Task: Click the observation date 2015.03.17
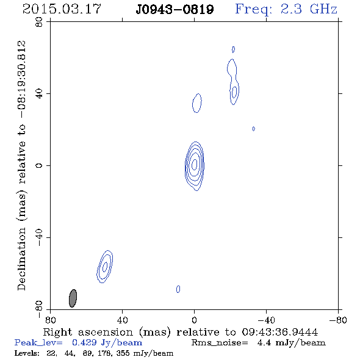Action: click(62, 9)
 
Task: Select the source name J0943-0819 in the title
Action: click(175, 10)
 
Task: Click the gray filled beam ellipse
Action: click(73, 298)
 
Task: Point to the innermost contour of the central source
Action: click(195, 164)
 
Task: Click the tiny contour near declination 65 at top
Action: click(233, 49)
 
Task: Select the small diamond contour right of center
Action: click(253, 129)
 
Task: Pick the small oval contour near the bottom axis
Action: click(178, 289)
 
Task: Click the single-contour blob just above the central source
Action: click(197, 103)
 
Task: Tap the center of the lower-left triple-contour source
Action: click(105, 267)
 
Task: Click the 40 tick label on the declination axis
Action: click(39, 94)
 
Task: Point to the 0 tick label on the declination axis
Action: click(39, 165)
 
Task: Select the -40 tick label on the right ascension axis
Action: click(266, 320)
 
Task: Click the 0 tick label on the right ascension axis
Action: click(194, 320)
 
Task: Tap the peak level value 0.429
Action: click(84, 342)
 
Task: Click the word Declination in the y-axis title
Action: click(21, 259)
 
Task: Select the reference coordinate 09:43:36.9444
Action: click(280, 332)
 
